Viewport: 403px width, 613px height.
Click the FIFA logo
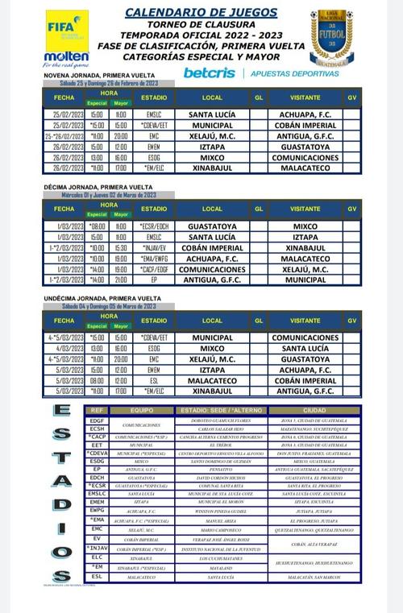(x=67, y=29)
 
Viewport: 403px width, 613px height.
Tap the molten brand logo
(x=67, y=56)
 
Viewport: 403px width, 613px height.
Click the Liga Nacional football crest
(x=330, y=38)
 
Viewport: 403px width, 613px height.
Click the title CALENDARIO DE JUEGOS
(x=201, y=12)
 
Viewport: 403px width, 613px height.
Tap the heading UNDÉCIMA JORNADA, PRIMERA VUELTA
(x=99, y=299)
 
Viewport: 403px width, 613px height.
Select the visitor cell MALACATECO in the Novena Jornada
(x=305, y=168)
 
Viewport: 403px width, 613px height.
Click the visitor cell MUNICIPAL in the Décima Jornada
(x=305, y=280)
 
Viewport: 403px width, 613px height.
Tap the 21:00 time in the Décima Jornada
(x=120, y=280)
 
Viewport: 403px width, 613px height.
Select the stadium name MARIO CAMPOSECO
(x=212, y=530)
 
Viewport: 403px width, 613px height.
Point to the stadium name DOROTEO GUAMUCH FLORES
(x=212, y=420)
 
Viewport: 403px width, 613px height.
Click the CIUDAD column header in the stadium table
(x=314, y=410)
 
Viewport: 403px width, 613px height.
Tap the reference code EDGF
(x=97, y=420)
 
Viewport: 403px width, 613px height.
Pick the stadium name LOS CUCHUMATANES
(x=212, y=557)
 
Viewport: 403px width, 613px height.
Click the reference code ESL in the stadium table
(x=97, y=576)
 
